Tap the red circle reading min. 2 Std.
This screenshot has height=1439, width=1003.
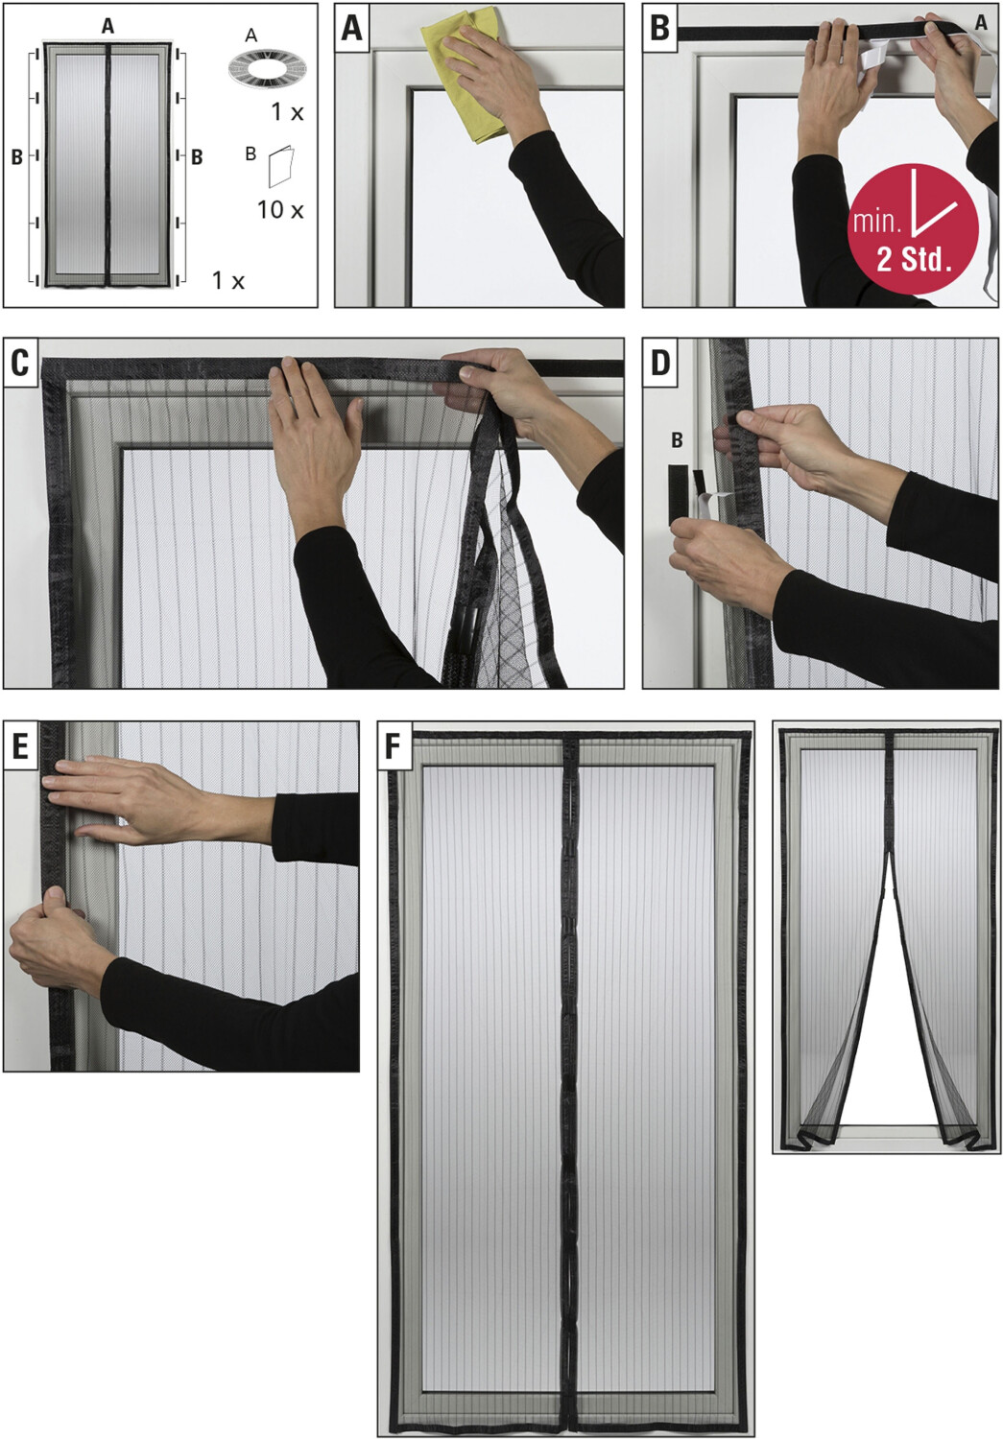913,228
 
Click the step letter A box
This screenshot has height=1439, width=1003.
351,29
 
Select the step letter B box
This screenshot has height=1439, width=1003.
660,29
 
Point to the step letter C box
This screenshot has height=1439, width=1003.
20,363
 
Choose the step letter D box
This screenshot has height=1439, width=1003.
660,363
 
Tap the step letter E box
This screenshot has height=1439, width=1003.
20,746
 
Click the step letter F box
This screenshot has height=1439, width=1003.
394,746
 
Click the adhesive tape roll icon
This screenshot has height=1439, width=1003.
267,68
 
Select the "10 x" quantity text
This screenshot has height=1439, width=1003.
280,210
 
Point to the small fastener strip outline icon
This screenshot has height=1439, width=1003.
281,166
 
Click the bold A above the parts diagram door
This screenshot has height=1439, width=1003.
107,26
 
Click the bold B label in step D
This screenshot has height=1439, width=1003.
677,440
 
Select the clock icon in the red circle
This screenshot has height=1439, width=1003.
932,200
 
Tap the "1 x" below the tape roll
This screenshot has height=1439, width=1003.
287,113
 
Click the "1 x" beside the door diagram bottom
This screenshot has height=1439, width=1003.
228,281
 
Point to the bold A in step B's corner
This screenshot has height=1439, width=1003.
981,22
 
